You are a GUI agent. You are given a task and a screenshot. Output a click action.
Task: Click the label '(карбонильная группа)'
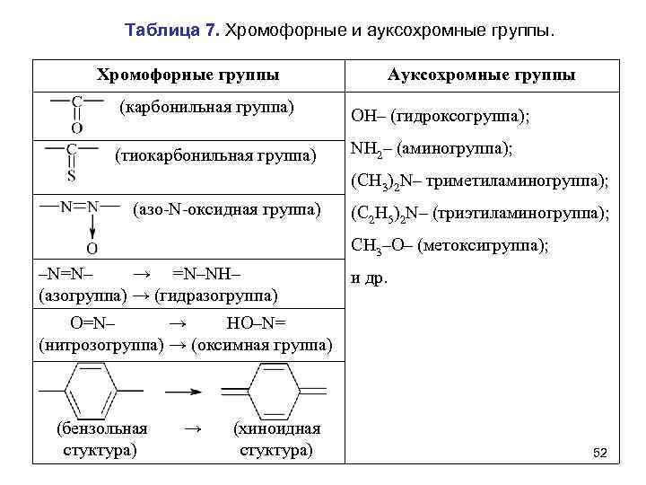coord(207,108)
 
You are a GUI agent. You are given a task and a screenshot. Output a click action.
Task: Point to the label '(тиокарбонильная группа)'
coord(216,156)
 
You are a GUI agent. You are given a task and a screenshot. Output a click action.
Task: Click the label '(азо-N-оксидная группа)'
coord(225,210)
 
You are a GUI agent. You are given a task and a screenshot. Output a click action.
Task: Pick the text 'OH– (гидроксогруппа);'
coord(440,117)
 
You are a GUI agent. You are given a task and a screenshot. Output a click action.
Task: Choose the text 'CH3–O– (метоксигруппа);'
coord(450,243)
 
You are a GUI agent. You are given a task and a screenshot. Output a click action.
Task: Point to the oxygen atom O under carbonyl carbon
coord(77,128)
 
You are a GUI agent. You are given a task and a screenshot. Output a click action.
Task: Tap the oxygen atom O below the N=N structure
coord(92,247)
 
